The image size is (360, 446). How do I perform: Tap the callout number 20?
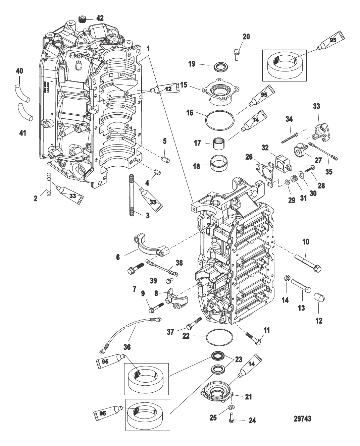click(246, 37)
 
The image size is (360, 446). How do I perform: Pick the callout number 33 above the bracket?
click(316, 106)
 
